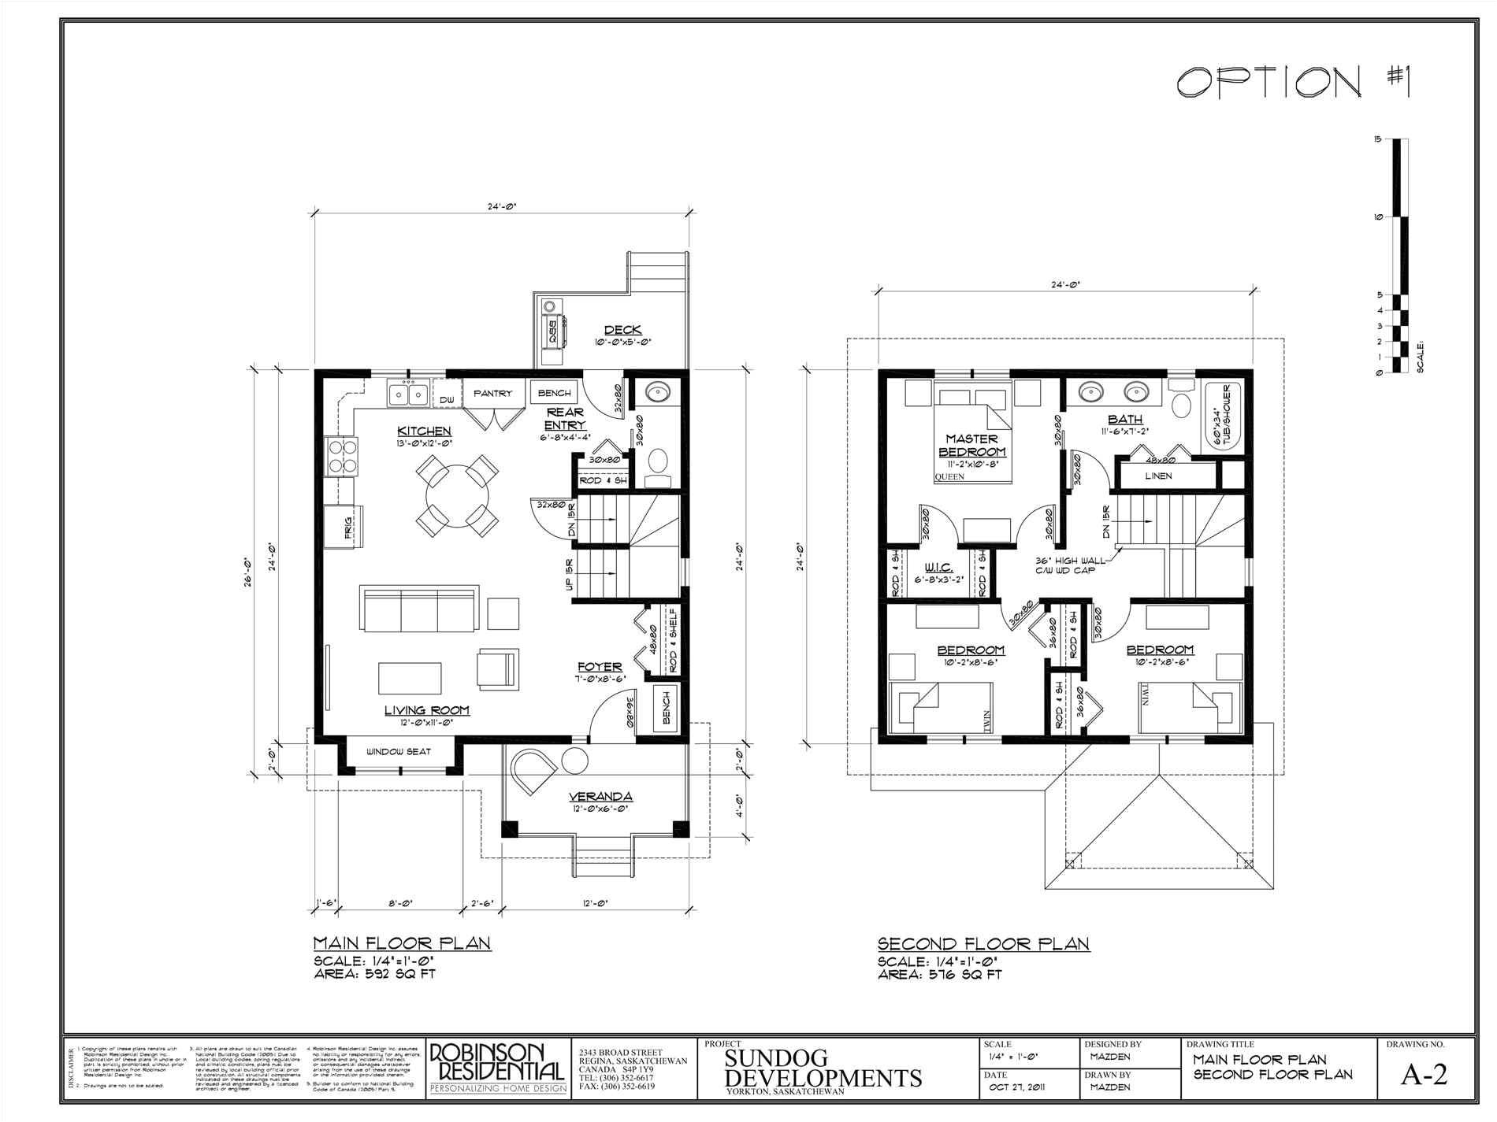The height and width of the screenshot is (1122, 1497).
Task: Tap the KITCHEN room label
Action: (424, 431)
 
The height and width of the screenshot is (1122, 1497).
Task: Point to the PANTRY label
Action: (492, 394)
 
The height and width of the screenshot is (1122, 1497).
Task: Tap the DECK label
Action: (622, 330)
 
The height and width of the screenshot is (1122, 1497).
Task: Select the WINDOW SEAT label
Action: (399, 752)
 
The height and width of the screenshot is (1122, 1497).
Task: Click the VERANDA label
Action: (601, 796)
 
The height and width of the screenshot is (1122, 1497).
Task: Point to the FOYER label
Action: (600, 666)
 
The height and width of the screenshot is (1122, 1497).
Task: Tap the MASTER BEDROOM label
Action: (972, 445)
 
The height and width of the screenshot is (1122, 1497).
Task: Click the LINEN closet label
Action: (1158, 476)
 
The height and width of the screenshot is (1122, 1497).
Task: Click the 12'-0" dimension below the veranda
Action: (596, 904)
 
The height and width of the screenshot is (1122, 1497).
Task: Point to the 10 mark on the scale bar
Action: (1378, 217)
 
